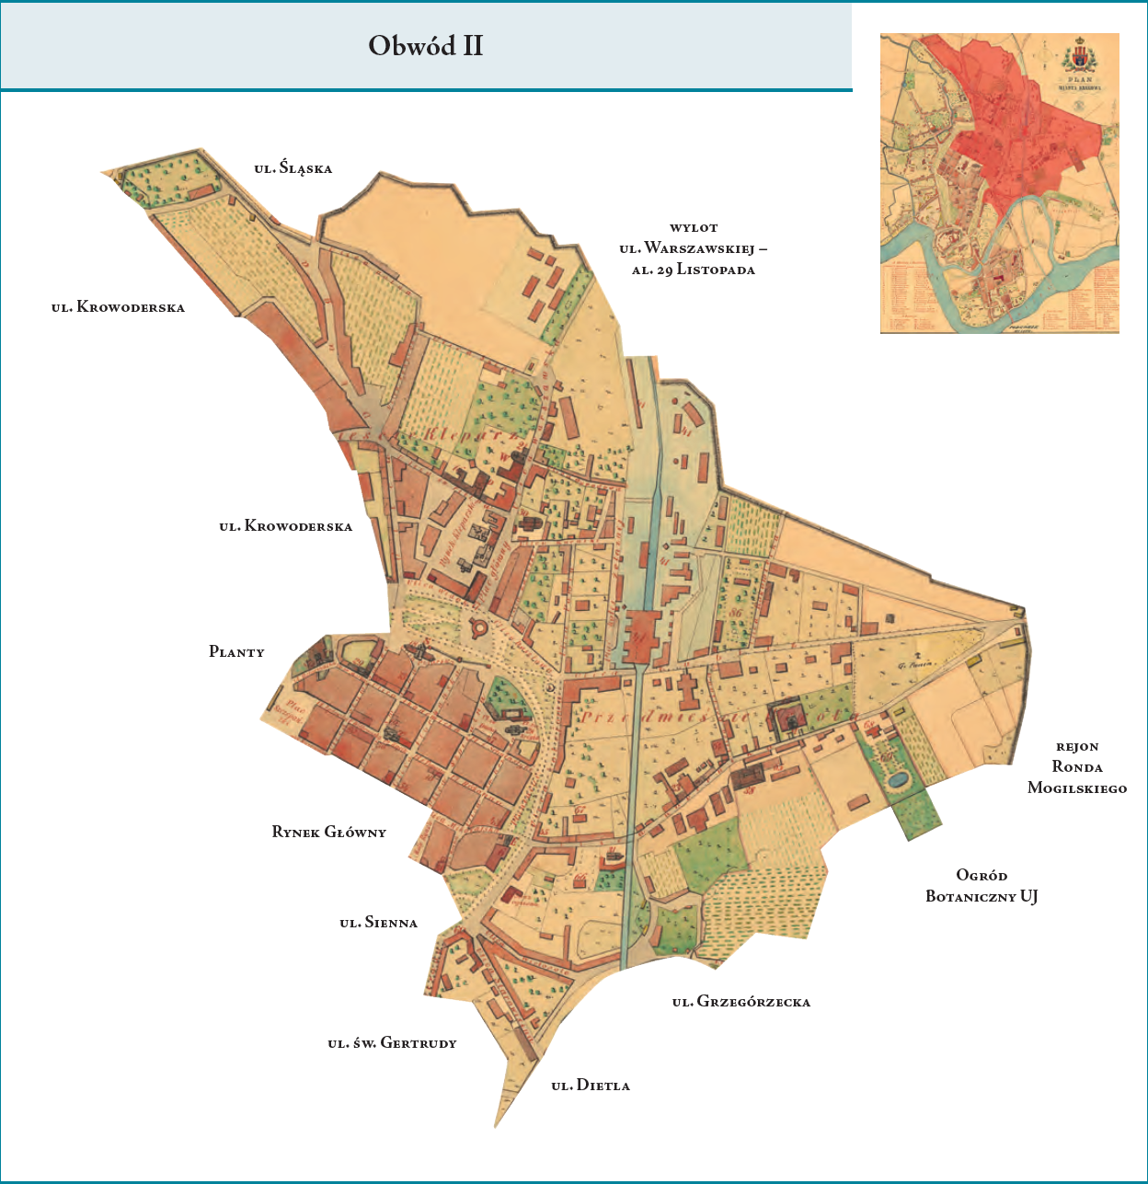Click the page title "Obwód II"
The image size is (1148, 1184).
point(425,46)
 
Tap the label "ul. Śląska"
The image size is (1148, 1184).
point(293,168)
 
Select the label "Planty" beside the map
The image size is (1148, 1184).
point(236,651)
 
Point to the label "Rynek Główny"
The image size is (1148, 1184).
point(328,832)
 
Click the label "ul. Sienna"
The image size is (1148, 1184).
point(378,922)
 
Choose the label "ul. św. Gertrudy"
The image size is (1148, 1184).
point(392,1042)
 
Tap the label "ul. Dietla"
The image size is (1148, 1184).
point(591,1085)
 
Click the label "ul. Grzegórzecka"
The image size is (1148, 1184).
point(740,1001)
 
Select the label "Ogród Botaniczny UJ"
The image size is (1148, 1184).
point(981,885)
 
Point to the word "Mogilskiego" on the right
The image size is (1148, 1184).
point(1076,787)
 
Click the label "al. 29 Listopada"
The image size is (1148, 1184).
point(693,270)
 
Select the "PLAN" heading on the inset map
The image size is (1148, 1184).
point(1082,79)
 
